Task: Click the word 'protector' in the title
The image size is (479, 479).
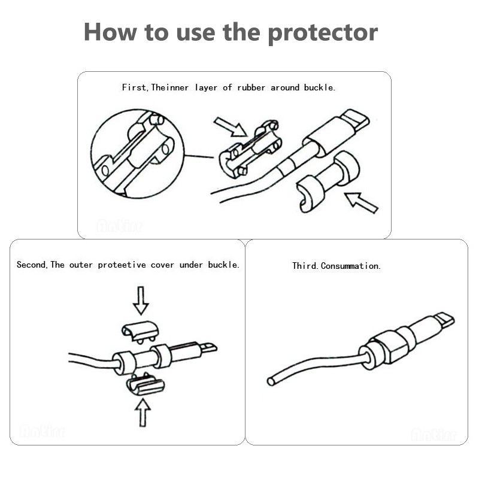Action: click(323, 33)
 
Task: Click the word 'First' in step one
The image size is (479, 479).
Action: click(134, 87)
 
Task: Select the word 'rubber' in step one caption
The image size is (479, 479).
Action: click(251, 87)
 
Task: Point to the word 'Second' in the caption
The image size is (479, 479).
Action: click(31, 265)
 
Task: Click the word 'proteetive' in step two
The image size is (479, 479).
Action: click(122, 265)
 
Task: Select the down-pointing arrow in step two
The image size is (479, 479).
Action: click(141, 301)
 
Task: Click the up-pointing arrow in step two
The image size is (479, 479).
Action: click(143, 413)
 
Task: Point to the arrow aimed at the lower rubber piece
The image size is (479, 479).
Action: click(361, 202)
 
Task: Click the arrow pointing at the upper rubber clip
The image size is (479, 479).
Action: click(231, 127)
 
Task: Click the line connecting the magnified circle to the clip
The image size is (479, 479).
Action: click(199, 156)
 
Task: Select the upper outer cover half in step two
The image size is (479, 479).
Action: click(140, 331)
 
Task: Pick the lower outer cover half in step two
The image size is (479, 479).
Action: click(145, 384)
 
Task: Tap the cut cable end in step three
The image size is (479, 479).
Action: click(271, 381)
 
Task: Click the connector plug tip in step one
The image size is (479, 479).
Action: click(355, 121)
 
